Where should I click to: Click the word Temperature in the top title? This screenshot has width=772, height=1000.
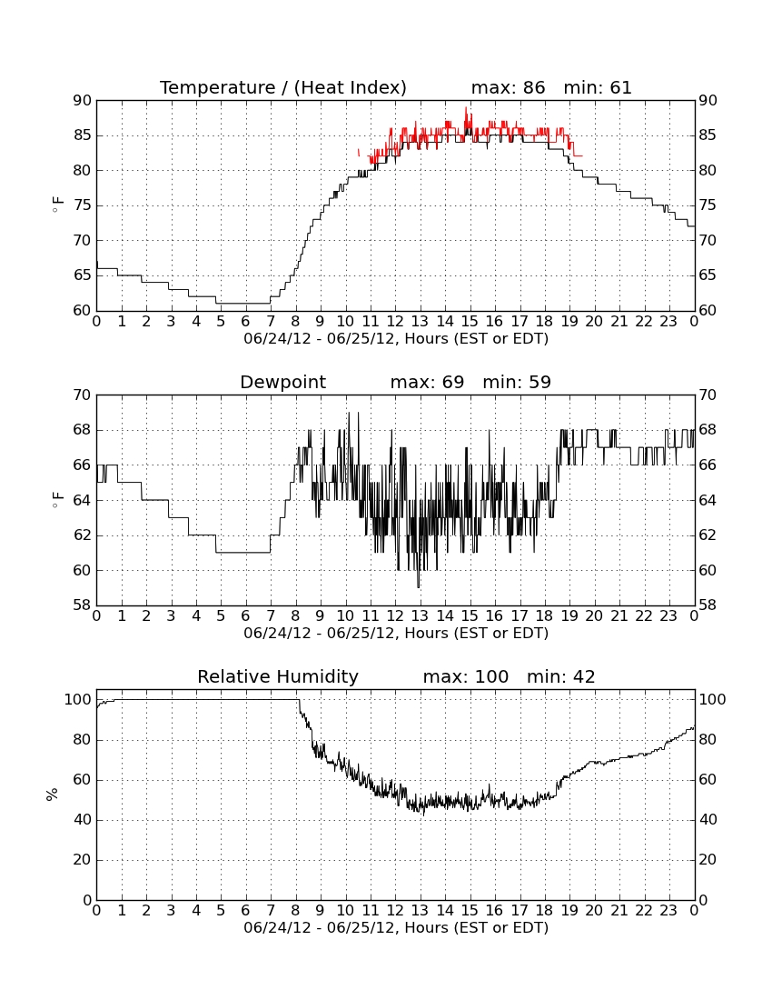217,87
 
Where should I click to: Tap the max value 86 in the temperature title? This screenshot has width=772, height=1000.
534,87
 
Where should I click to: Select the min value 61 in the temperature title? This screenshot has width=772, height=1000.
620,87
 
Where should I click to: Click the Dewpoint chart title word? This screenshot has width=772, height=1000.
282,382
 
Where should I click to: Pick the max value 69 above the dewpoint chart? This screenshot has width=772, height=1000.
453,382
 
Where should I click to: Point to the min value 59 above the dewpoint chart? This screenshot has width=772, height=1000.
539,382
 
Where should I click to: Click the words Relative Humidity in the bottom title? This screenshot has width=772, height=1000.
278,676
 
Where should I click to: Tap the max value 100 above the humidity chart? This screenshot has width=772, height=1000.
492,676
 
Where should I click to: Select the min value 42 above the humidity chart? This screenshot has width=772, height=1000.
584,676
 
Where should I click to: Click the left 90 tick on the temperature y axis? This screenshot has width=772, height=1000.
83,101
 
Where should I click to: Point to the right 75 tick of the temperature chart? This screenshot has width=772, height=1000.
708,205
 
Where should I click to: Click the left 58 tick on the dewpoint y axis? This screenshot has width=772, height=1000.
83,605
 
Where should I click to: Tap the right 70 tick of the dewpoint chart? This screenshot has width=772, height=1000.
708,395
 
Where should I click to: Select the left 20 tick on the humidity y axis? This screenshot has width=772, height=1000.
83,860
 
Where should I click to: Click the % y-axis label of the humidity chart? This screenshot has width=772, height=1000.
53,794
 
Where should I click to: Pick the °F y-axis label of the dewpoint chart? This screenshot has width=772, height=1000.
57,500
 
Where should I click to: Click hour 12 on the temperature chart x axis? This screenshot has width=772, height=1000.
395,322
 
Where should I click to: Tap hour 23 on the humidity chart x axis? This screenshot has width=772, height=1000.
668,911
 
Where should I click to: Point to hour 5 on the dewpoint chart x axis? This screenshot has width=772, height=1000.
221,616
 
